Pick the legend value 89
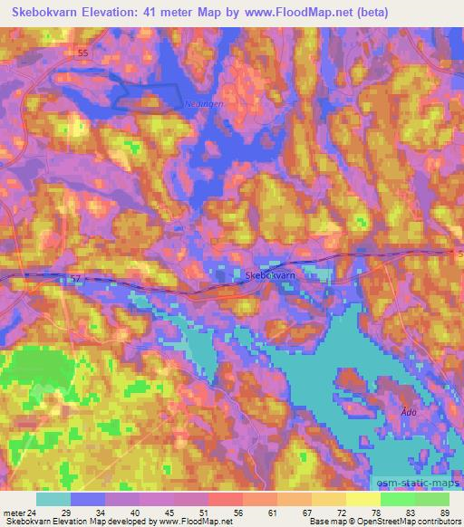tap(445, 513)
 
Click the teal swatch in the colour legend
tap(53, 499)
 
